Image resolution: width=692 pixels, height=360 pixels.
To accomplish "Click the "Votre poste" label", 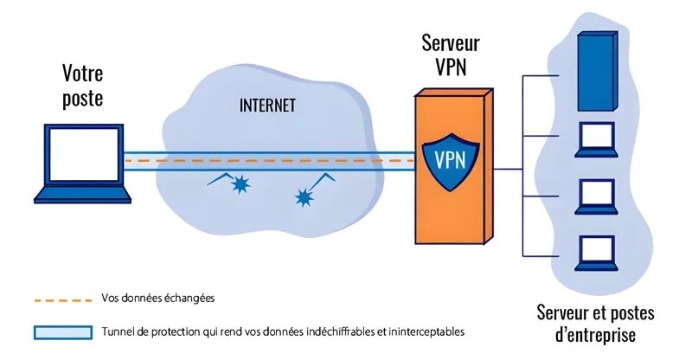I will pos(83,85).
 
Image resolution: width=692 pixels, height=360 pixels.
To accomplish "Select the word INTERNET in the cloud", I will pos(266,106).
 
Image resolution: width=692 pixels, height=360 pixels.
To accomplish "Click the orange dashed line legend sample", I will pos(61,299).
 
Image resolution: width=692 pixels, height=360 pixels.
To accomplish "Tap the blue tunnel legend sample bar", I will pos(61,331).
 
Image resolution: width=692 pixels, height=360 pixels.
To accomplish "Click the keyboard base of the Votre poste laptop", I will pos(82,195).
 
